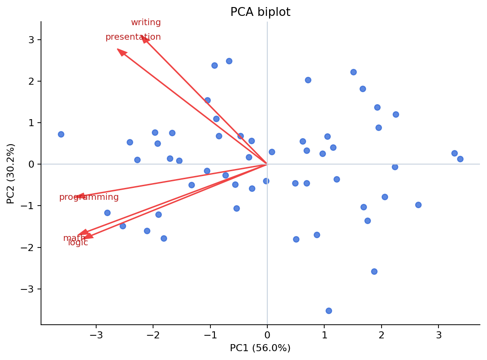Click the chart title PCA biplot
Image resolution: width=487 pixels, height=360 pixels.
[x=260, y=12]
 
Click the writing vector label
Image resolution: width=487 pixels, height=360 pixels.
[x=146, y=22]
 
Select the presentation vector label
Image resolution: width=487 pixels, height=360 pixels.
[x=133, y=37]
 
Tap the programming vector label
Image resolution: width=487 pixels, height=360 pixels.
[x=89, y=197]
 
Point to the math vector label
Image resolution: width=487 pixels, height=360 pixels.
[x=74, y=238]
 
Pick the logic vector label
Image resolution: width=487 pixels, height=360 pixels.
[x=78, y=243]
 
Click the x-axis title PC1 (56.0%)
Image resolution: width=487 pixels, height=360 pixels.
[x=260, y=348]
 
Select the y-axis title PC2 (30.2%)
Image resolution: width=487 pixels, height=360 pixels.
[x=11, y=173]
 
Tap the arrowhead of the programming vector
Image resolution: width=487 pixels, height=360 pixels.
[x=80, y=197]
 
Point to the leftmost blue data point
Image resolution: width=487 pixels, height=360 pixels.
[x=61, y=134]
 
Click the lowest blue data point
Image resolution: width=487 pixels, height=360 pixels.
[x=329, y=311]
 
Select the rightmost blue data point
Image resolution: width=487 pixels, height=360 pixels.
[x=460, y=159]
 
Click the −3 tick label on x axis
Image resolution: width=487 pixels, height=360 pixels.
[x=96, y=335]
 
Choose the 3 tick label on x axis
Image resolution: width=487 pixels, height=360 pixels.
[x=438, y=335]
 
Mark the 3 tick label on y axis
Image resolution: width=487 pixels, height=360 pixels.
[x=31, y=40]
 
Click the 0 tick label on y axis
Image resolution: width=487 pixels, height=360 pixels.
[x=31, y=164]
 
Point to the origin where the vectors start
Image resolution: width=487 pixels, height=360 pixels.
[x=267, y=164]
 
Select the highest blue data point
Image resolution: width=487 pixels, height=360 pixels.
[x=229, y=61]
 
